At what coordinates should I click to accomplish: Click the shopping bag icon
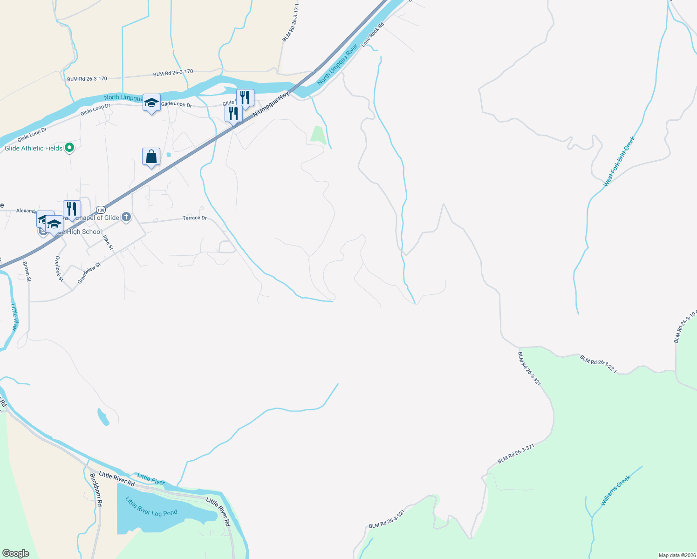coord(151,157)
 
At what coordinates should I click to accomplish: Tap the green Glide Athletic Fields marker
coord(69,148)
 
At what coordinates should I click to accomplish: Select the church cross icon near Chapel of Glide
coord(126,217)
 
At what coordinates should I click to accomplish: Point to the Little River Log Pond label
coord(151,507)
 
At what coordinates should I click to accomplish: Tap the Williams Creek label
coord(615,490)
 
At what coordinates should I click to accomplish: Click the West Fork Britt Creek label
coord(619,162)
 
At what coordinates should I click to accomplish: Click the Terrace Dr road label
coord(195,218)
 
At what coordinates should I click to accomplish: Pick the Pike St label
coord(108,242)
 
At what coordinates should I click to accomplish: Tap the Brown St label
coord(27,271)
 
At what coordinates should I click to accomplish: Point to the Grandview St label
coord(89,273)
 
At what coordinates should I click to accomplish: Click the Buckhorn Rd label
coord(96,490)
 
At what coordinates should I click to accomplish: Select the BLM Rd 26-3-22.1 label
coord(598,364)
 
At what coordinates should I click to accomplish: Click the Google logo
coord(16,553)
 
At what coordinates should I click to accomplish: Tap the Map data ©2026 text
coord(677,555)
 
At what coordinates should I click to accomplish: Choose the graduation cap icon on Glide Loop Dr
coord(151,102)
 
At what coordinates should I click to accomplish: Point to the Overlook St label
coord(59,269)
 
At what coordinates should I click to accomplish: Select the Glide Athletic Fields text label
coord(34,148)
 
